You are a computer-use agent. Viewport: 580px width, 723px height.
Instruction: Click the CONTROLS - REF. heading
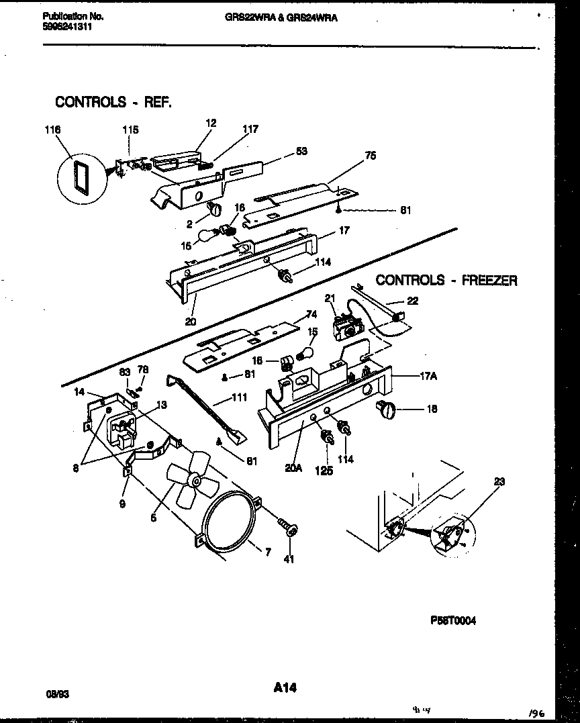[x=113, y=102]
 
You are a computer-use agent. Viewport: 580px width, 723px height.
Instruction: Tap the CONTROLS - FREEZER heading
[x=446, y=280]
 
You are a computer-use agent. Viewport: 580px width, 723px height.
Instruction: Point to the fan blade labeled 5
[x=187, y=481]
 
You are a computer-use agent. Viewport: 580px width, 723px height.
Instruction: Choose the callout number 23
[x=499, y=481]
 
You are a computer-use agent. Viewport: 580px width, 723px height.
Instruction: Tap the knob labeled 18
[x=387, y=407]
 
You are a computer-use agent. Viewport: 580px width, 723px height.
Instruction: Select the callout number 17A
[x=428, y=377]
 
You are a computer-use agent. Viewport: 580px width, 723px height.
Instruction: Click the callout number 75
[x=370, y=156]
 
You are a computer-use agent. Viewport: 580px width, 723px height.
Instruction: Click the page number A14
[x=285, y=687]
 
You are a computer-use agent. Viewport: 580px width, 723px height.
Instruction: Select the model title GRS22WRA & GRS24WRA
[x=281, y=18]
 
